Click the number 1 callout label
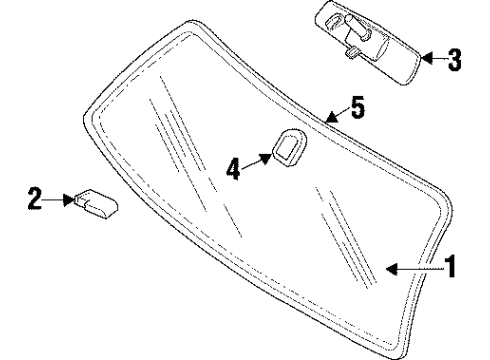(451, 267)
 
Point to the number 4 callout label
(234, 169)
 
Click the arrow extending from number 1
(412, 267)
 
